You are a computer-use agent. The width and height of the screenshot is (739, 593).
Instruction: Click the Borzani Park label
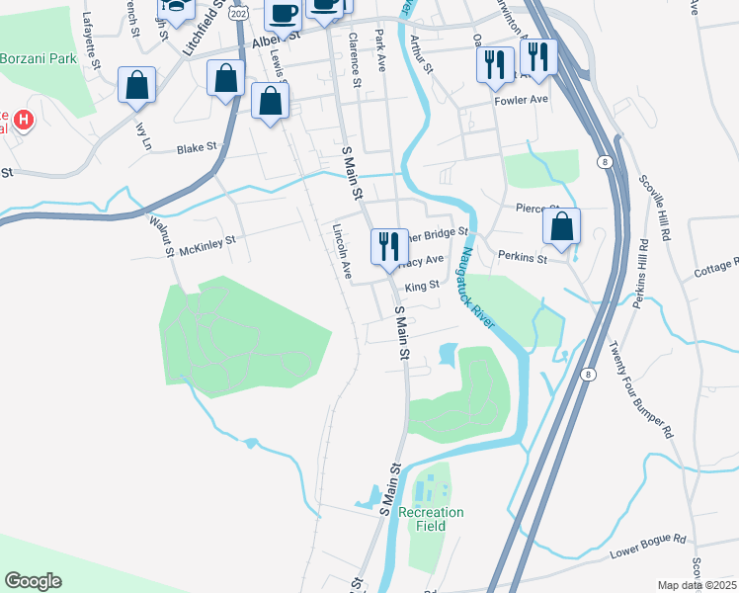pyautogui.click(x=40, y=58)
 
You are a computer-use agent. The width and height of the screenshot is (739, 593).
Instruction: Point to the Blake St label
pyautogui.click(x=196, y=148)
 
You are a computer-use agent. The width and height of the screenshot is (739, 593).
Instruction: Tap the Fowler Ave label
pyautogui.click(x=521, y=101)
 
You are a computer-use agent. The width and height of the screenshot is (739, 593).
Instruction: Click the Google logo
pyautogui.click(x=34, y=581)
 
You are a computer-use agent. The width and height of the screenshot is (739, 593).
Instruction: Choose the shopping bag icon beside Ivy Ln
pyautogui.click(x=136, y=86)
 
